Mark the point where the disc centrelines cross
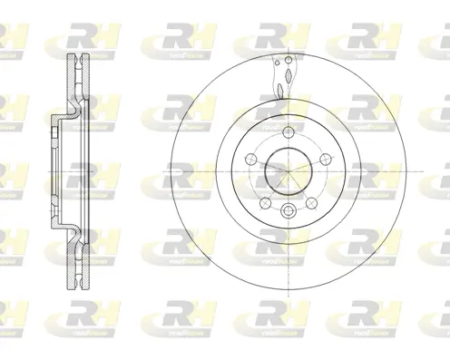286,169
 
